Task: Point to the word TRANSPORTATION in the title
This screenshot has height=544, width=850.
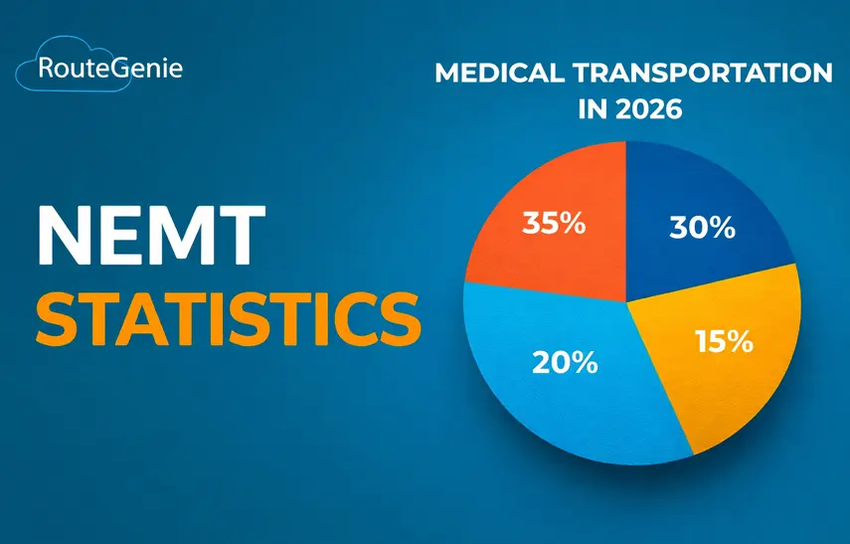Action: point(701,74)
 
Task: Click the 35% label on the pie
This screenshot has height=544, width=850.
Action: point(554,223)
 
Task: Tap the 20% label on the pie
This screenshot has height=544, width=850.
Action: point(565,362)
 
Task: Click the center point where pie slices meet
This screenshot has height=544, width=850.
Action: point(626,300)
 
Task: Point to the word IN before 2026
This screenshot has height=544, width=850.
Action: point(595,108)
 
